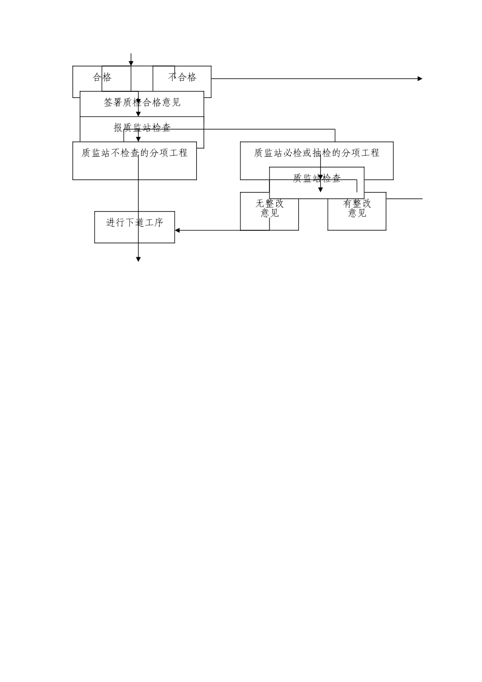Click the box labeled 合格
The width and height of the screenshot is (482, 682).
click(102, 78)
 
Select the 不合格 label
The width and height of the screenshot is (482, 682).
click(182, 78)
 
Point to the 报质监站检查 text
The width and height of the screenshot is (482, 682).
click(142, 128)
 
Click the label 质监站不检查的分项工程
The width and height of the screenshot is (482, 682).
click(134, 153)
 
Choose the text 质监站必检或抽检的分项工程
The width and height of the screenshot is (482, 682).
click(317, 153)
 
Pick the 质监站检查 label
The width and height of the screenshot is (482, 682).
click(317, 179)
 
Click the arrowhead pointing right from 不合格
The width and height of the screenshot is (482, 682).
click(420, 79)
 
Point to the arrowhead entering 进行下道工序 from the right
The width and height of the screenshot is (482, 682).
click(178, 230)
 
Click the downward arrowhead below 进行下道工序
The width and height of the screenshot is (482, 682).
click(138, 259)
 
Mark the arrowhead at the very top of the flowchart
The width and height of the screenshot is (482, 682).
click(131, 63)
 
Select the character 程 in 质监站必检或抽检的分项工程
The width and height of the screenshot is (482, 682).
click(375, 153)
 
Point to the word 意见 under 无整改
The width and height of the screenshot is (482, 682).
click(269, 214)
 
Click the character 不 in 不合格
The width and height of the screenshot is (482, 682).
click(173, 78)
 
